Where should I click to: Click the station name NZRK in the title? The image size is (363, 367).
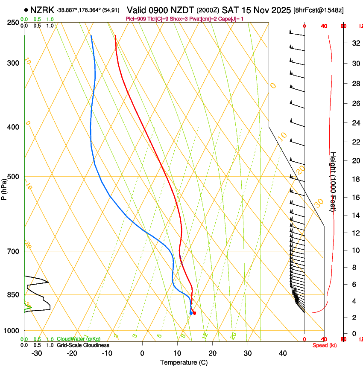tap(42, 9)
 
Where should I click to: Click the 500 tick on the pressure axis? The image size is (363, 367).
tap(14, 177)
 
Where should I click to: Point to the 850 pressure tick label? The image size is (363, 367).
tap(14, 294)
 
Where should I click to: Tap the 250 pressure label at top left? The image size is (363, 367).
tap(14, 22)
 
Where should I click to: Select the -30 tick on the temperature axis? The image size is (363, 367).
tap(37, 353)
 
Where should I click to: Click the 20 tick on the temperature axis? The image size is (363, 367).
tap(212, 353)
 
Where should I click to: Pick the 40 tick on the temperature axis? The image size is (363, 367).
tap(282, 353)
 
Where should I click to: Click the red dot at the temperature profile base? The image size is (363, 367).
tap(194, 313)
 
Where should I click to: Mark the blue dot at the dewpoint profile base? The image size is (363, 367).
tap(191, 313)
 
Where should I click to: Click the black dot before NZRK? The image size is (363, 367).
tap(26, 9)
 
